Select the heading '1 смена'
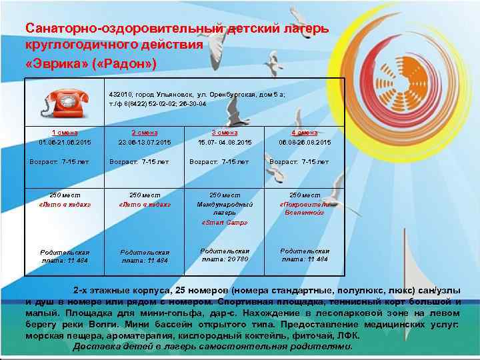pos(64,133)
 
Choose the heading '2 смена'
pos(145,133)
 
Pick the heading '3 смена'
pos(225,133)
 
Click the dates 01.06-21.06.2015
pos(65,142)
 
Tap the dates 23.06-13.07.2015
pos(145,142)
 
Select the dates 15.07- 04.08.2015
pos(225,142)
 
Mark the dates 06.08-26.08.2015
pos(305,142)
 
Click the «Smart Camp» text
pos(225,222)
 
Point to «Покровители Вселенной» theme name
pos(304,208)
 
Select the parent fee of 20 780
pos(225,259)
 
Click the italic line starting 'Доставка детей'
pos(212,347)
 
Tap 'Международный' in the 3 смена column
pos(225,204)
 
